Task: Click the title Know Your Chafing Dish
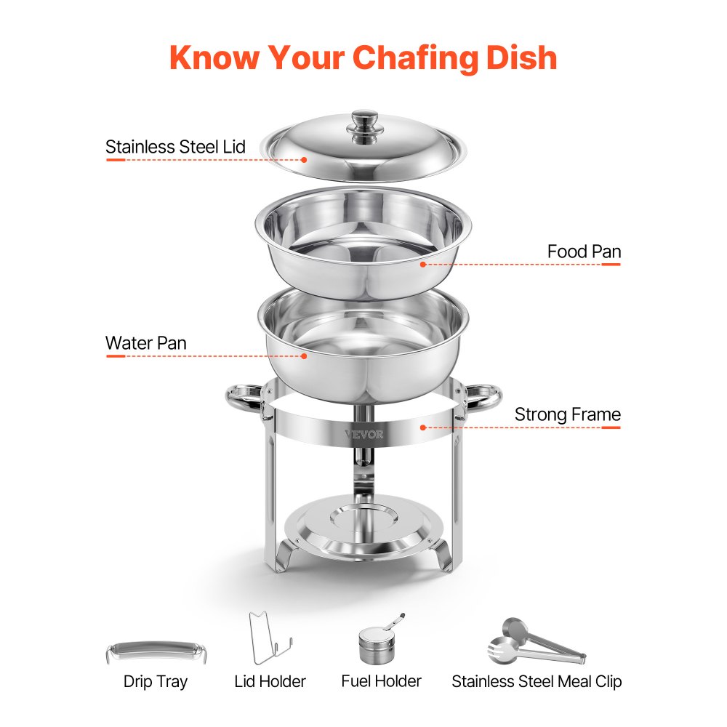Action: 363,58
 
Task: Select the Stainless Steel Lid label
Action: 175,147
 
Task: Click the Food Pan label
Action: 584,252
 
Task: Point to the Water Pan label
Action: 146,343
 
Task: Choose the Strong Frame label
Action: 567,414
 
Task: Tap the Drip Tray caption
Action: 155,682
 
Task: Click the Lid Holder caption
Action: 270,682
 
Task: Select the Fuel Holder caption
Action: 381,681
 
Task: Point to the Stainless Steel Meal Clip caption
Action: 537,682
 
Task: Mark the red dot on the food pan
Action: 422,265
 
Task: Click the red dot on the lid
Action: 304,159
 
